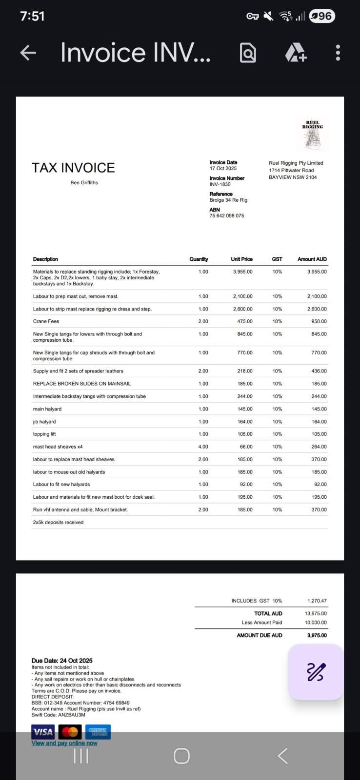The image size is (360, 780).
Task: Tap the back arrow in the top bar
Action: click(28, 53)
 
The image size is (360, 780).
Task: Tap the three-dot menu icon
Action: click(338, 53)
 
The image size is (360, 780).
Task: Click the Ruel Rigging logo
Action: click(313, 133)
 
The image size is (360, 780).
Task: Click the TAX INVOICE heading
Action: click(73, 168)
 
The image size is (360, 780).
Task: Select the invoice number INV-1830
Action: click(220, 184)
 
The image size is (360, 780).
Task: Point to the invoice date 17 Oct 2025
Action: click(223, 168)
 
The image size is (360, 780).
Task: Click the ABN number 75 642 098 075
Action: click(227, 215)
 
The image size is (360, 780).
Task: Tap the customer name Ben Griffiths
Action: click(84, 183)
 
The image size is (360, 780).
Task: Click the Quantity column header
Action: click(199, 259)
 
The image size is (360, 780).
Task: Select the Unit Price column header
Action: click(241, 259)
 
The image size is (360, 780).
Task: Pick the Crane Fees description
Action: click(46, 321)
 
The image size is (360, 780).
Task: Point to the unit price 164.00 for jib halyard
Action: click(245, 422)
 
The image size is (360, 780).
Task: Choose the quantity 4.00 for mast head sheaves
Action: click(203, 447)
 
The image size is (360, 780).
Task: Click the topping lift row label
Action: click(44, 434)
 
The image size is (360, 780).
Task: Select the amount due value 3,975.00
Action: click(317, 635)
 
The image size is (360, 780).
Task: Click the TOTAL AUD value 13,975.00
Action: click(316, 613)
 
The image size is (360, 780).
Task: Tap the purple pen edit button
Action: click(316, 672)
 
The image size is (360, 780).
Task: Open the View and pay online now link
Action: click(64, 743)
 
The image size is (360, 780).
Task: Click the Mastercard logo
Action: click(70, 732)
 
